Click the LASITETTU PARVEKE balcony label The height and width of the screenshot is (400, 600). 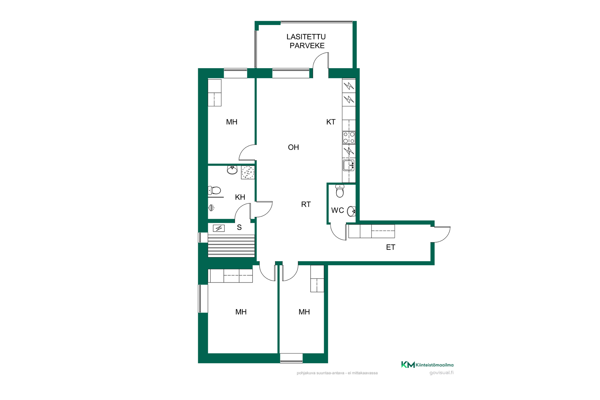(x=306, y=41)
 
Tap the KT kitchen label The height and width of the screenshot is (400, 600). (x=331, y=122)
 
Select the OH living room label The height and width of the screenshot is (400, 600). (x=293, y=147)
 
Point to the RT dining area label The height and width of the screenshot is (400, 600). (x=306, y=204)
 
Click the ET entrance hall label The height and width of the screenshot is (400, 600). (x=391, y=247)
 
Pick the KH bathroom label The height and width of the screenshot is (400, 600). (x=240, y=197)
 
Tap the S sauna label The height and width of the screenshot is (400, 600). (x=239, y=227)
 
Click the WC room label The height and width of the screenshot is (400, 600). (x=337, y=210)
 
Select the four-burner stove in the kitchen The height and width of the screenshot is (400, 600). (x=349, y=137)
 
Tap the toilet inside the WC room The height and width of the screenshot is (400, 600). (x=340, y=191)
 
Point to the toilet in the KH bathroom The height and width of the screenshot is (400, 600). (x=214, y=190)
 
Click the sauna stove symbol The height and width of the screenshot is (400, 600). (x=219, y=228)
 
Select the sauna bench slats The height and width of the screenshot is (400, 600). (x=231, y=246)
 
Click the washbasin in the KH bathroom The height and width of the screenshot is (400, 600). (x=232, y=170)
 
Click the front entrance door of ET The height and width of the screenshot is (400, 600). (x=441, y=234)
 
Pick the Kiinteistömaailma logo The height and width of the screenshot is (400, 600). (x=427, y=365)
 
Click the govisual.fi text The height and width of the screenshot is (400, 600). (x=441, y=372)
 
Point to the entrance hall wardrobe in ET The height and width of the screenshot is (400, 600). (x=372, y=231)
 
